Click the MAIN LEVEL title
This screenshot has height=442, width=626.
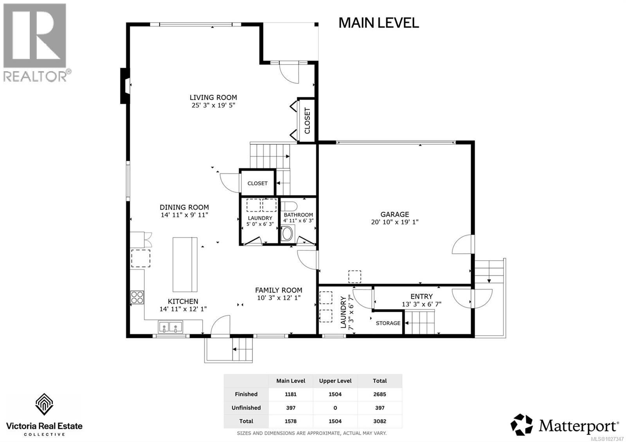click(x=378, y=23)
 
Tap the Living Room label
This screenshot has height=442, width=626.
click(x=213, y=97)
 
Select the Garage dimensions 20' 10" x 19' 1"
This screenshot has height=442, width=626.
click(x=395, y=222)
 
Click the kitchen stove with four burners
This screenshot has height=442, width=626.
click(x=137, y=298)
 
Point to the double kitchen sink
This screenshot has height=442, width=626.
click(x=171, y=327)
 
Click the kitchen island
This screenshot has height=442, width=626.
click(x=185, y=264)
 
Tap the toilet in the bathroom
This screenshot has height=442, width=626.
click(x=289, y=206)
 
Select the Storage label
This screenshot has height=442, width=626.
click(x=388, y=323)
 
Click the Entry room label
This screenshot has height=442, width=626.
click(x=421, y=296)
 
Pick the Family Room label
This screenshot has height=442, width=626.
click(x=279, y=290)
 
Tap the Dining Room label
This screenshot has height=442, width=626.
click(x=184, y=207)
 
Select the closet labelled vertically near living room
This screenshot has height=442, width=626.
click(x=307, y=120)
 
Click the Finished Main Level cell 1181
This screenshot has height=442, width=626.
click(x=291, y=394)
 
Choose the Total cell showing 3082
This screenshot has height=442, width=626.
click(x=380, y=421)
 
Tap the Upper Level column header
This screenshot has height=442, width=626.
click(x=335, y=381)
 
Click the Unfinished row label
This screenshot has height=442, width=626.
click(x=246, y=408)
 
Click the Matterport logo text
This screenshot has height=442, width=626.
click(x=579, y=425)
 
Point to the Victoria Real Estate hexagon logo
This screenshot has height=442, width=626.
click(x=44, y=404)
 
